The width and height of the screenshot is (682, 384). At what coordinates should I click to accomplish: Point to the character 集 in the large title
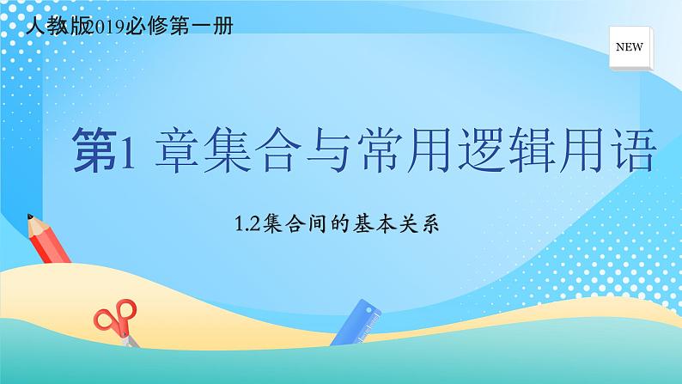[231, 151]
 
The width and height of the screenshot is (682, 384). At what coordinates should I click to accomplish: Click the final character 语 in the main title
[636, 151]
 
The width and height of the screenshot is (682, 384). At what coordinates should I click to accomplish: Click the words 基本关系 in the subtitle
[408, 225]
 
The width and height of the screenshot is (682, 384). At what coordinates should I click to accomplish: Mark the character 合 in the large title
[286, 151]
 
